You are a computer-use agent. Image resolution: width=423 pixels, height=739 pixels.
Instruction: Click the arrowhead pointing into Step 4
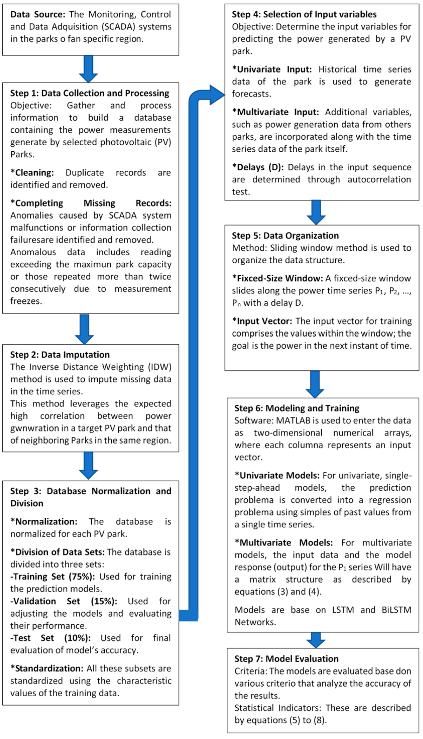point(216,95)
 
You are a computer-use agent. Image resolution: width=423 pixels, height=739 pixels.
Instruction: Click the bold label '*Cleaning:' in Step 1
point(32,173)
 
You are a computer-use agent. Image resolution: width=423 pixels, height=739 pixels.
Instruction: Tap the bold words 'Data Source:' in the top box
point(38,14)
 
